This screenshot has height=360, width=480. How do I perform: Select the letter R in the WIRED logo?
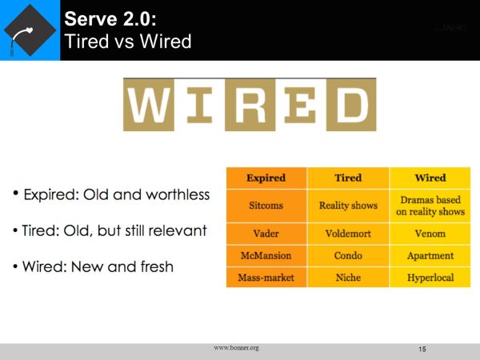pos(249,105)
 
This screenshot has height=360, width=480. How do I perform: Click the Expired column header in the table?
pos(266,178)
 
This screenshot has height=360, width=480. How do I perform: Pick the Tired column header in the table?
pos(348,178)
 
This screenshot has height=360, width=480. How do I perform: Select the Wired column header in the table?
pos(430,178)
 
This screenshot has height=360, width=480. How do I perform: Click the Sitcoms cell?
pos(266,206)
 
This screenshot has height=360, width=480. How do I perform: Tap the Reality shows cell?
pos(348,206)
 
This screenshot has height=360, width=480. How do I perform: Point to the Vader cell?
pos(266,235)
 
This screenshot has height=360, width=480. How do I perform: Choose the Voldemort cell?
pos(348,235)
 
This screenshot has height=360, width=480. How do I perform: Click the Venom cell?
pos(430,235)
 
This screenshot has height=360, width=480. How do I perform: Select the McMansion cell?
pos(266,256)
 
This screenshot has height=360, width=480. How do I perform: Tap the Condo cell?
pos(348,256)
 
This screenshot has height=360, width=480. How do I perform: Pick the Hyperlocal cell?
pos(430,278)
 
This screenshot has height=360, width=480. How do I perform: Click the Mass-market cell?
pos(266,278)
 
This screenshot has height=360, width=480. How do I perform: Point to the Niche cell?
pos(348,278)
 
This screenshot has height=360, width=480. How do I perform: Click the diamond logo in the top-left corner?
pos(30,30)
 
